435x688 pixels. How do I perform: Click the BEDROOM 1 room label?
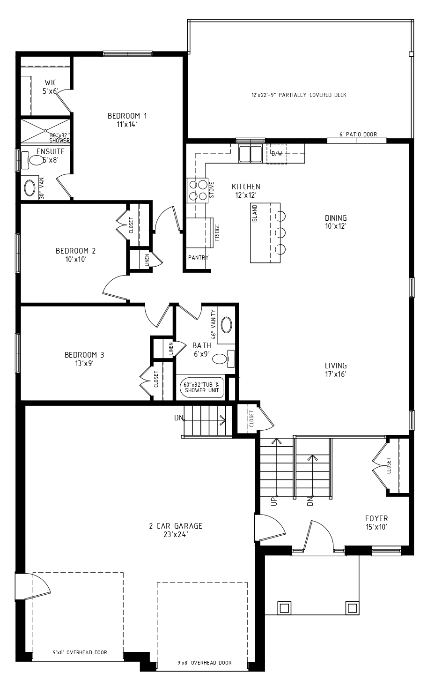point(127,116)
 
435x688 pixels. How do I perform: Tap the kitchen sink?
point(251,154)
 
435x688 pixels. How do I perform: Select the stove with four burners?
point(198,190)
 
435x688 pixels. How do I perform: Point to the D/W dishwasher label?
point(277,154)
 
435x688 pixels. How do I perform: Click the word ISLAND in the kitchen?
point(255,213)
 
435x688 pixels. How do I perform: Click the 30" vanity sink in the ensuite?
point(30,188)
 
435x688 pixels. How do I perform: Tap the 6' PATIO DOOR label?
point(358,134)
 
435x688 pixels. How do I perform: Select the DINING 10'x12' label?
point(336,222)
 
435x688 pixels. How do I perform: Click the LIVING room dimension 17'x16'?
point(336,374)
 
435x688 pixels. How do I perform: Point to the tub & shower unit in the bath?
point(202,388)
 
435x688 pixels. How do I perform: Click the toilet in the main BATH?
point(223,359)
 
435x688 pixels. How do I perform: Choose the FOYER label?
point(376,518)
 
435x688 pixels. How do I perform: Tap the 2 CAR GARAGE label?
point(176,526)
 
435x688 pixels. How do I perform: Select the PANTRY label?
point(199,257)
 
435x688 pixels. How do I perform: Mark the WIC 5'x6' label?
point(51,87)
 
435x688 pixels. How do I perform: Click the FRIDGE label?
point(217,232)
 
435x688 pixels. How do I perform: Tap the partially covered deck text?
point(299,95)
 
